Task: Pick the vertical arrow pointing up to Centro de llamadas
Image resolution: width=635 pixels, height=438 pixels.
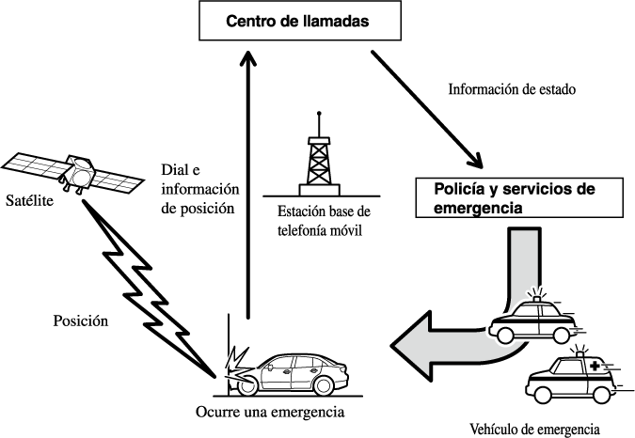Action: pyautogui.click(x=247, y=188)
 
